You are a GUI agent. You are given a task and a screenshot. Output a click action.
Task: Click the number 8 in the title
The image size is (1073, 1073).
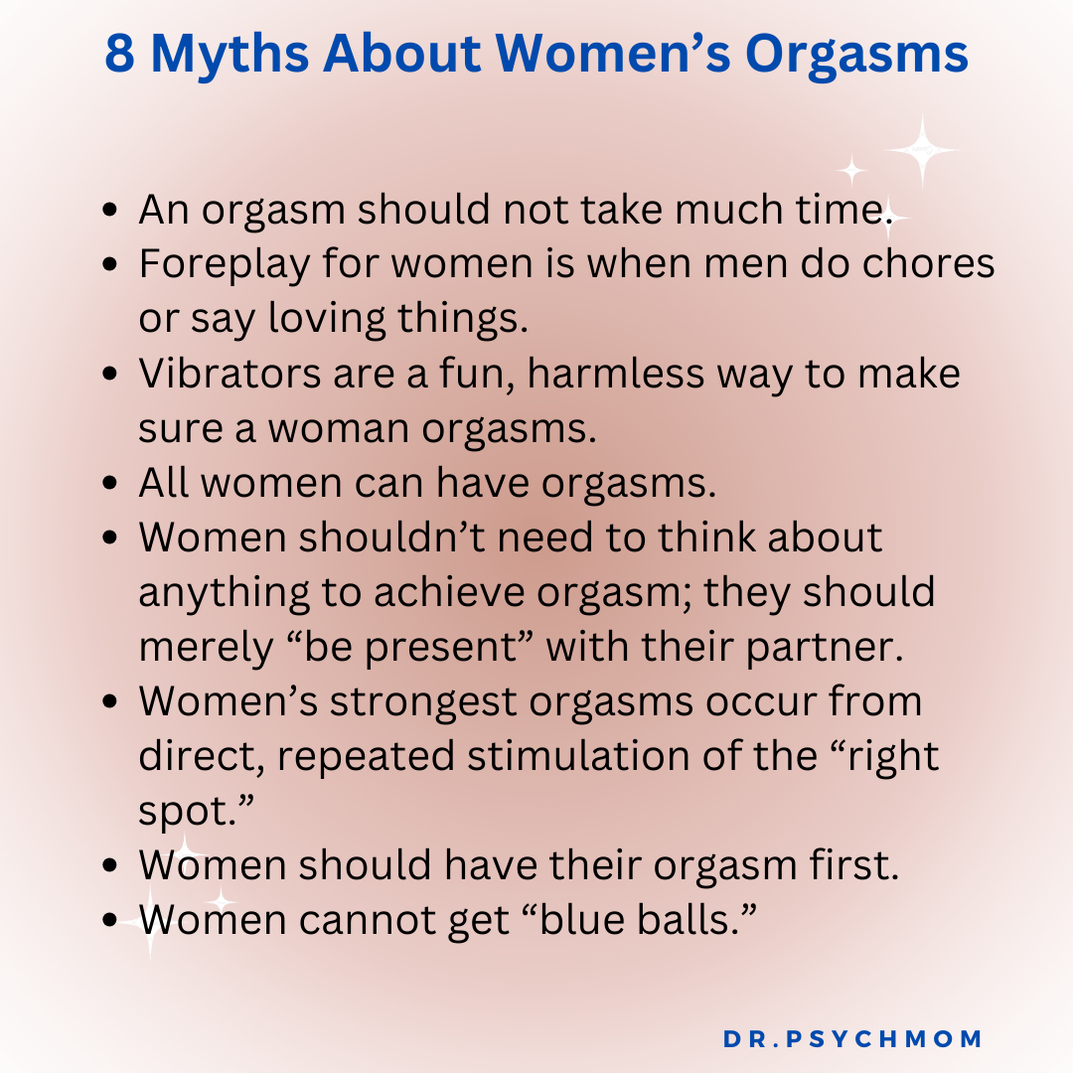click(x=120, y=57)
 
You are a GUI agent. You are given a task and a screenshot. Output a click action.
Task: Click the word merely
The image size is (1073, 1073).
click(x=203, y=648)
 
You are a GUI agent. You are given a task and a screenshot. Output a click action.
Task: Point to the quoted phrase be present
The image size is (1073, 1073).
click(x=410, y=648)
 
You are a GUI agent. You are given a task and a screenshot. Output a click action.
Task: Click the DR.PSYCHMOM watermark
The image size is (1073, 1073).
click(x=852, y=1039)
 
